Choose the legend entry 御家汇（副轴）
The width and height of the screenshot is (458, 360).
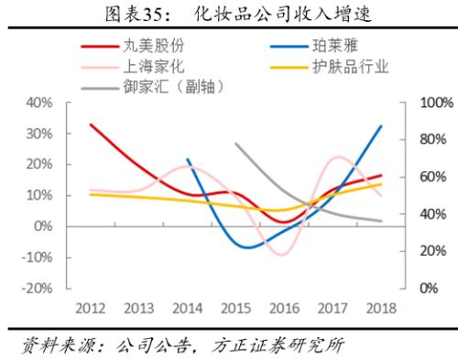(173, 87)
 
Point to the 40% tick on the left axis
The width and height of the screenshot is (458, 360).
(50, 103)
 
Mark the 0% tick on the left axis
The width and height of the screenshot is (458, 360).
(54, 226)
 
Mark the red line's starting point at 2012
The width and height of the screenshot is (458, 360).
(91, 125)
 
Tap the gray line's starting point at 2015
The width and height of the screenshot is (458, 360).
(235, 144)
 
